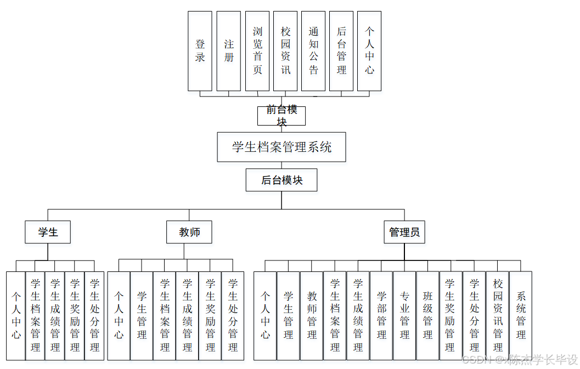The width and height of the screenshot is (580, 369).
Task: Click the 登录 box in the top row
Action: [200, 51]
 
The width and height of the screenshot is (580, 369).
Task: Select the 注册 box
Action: [228, 51]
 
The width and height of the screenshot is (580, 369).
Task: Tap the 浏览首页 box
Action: [257, 51]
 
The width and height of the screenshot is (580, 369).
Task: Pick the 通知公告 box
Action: [313, 51]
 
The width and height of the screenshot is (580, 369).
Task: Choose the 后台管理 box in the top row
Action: [341, 51]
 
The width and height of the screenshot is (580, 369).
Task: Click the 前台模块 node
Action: [281, 116]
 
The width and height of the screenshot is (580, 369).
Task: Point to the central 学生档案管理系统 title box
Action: [281, 147]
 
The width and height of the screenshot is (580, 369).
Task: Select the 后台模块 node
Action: [281, 180]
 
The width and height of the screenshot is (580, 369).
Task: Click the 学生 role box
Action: [48, 232]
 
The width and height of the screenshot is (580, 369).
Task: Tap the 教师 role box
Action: [189, 232]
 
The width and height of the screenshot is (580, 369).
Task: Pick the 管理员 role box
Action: [404, 232]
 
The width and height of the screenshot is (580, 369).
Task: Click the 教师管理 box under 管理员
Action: [312, 315]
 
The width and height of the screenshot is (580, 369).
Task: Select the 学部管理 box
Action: [381, 315]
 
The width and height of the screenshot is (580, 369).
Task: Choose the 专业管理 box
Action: [404, 315]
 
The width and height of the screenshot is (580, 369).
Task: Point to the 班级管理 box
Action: [427, 315]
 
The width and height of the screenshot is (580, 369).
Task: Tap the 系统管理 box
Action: [521, 315]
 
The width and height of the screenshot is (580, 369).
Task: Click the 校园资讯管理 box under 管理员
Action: [498, 315]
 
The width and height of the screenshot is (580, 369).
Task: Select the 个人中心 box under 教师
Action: [119, 315]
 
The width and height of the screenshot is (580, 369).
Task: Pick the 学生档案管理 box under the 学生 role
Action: [35, 315]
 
